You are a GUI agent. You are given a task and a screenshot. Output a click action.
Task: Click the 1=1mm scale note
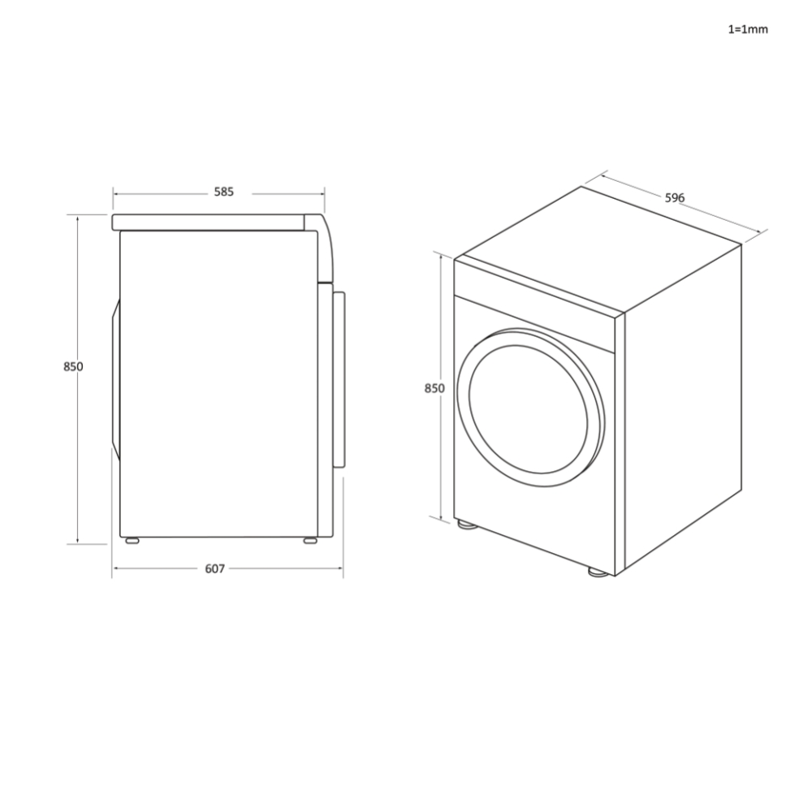[747, 29]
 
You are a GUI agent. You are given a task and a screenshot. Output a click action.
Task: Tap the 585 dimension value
[223, 192]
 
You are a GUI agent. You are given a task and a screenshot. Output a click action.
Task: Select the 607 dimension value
[214, 568]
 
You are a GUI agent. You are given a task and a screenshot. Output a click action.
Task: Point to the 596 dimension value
[675, 198]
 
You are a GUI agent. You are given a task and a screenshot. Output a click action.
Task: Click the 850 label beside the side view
[73, 366]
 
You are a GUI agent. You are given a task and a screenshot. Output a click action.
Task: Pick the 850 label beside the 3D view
[434, 388]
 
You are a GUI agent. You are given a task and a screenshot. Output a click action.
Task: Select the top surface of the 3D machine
[597, 248]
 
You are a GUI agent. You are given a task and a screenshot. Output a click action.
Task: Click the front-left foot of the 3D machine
[466, 525]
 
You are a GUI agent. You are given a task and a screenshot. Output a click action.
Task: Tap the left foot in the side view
[130, 539]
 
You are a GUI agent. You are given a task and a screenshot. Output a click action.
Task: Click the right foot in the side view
[311, 539]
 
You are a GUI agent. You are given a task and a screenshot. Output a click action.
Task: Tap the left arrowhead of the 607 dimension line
[115, 568]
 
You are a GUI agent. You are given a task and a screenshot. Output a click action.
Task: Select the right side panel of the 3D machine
[682, 406]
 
